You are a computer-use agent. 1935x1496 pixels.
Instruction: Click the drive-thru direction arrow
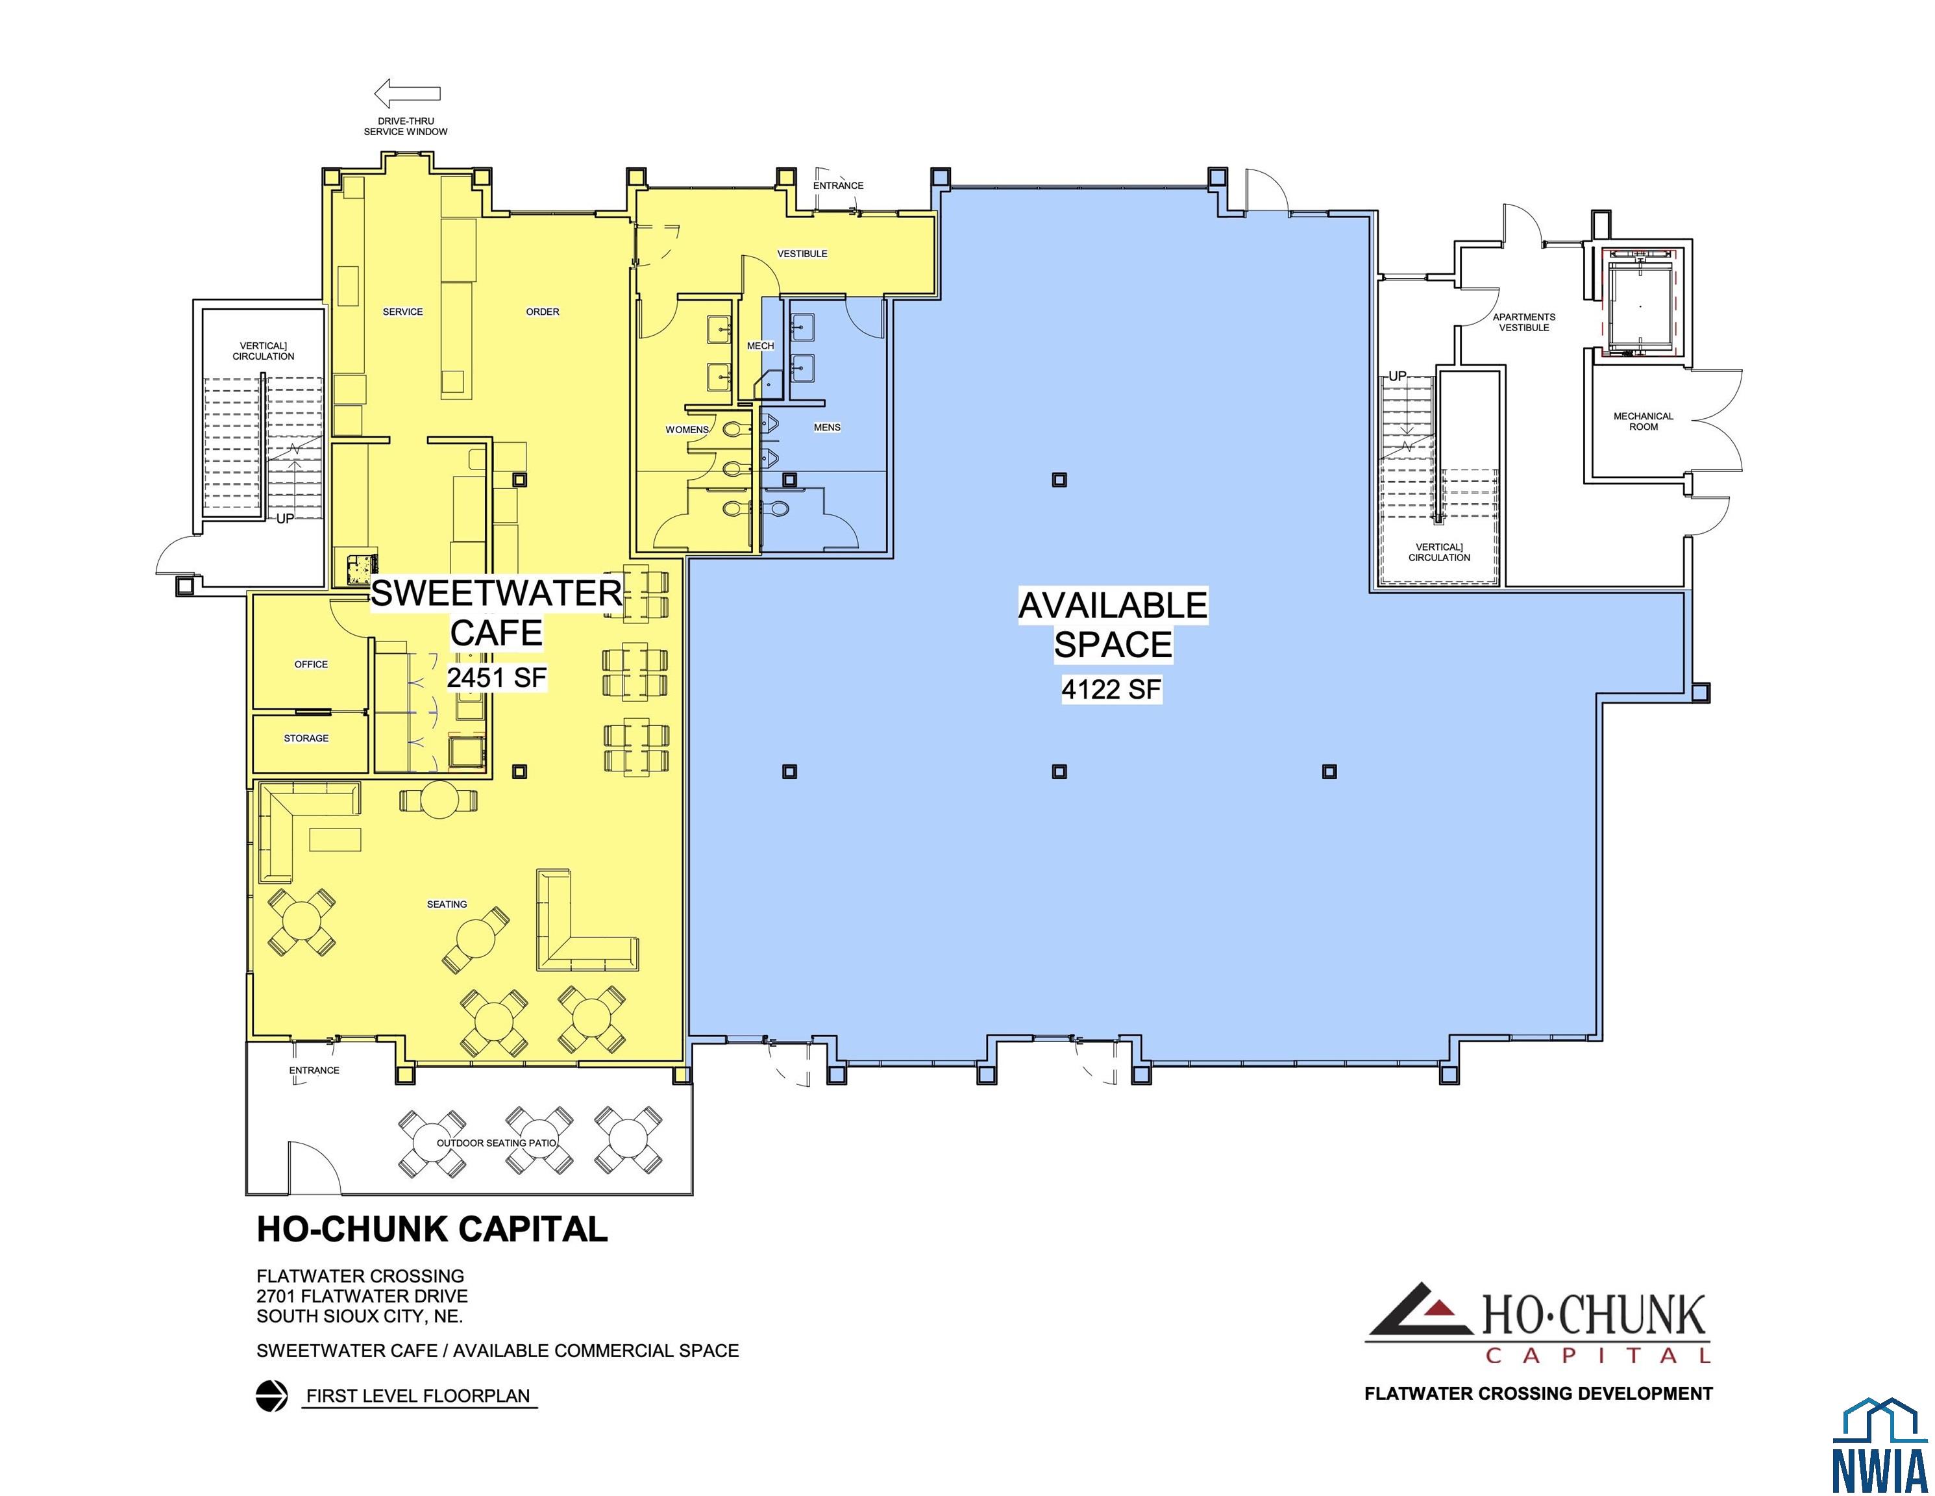[407, 93]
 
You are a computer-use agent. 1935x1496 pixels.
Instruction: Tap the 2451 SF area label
[496, 678]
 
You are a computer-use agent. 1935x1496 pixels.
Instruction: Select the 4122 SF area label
[1111, 690]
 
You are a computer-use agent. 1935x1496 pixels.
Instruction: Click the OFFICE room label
[311, 664]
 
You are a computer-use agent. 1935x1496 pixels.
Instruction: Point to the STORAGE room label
[306, 738]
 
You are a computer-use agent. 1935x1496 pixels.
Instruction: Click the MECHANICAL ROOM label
[1644, 421]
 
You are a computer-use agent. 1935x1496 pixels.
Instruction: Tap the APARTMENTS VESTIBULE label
[1524, 321]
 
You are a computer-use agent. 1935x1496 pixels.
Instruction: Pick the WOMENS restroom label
[687, 430]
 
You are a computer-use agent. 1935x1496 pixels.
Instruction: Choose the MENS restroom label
[828, 427]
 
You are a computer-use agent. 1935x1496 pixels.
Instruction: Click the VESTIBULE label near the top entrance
[803, 253]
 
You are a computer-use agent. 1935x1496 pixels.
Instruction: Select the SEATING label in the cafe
[447, 904]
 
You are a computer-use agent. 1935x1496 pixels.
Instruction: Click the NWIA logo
[1879, 1445]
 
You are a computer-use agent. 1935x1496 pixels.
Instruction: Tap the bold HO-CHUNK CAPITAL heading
[432, 1229]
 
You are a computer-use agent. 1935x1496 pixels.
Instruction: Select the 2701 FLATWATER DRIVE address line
[362, 1296]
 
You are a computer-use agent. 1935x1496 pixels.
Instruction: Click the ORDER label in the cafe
[542, 312]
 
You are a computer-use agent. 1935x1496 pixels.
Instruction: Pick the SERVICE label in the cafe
[403, 312]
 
